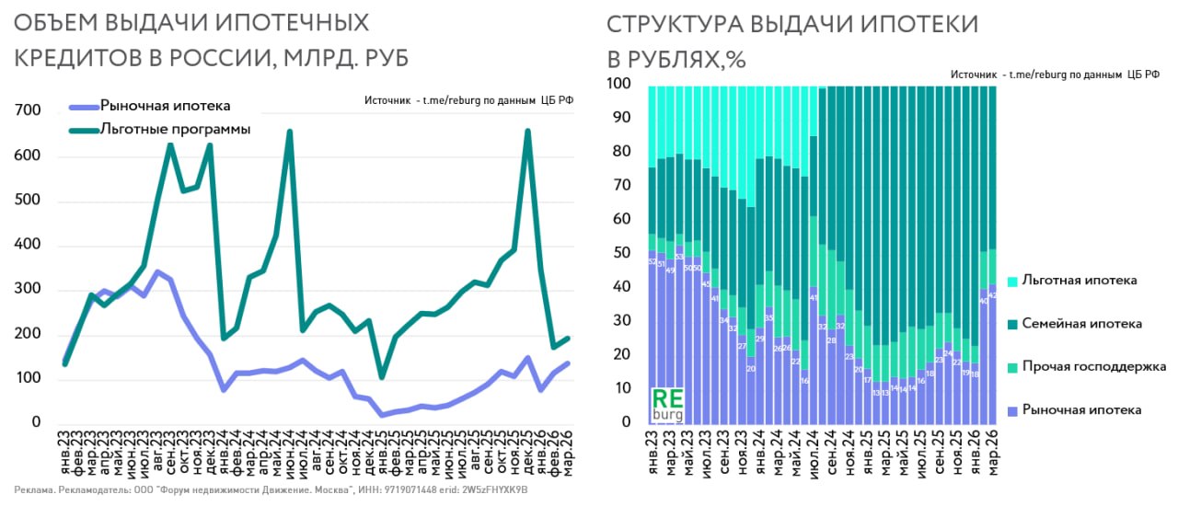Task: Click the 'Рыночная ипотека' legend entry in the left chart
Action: tap(165, 106)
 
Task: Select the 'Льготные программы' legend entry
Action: tap(175, 130)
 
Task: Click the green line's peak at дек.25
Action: tap(527, 131)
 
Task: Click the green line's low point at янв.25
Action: tap(381, 377)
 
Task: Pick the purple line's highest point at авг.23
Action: tap(157, 271)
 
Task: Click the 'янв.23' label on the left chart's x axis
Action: tap(65, 455)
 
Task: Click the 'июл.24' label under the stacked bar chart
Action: tap(814, 455)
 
